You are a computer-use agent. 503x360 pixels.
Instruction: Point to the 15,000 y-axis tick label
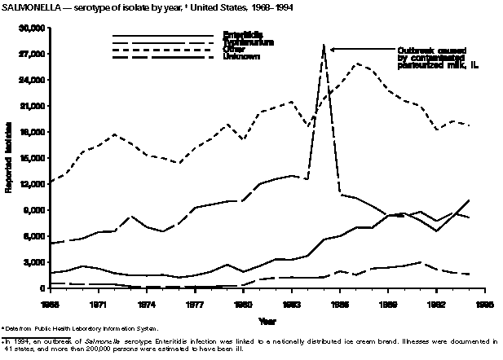point(31,158)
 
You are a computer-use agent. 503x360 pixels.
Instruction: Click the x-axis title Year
point(267,319)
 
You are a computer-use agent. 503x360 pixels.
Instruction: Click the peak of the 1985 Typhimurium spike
point(323,46)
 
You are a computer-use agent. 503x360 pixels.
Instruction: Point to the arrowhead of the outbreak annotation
point(329,48)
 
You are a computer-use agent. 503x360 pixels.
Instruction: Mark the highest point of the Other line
point(356,64)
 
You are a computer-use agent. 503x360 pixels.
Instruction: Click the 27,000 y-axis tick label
point(31,54)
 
